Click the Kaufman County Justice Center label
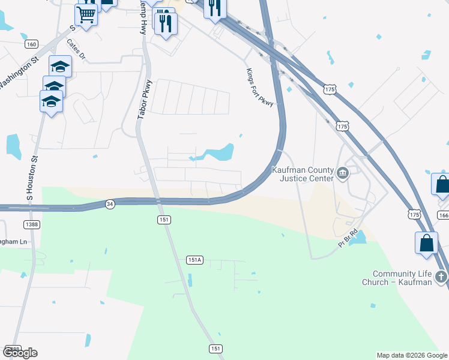click(303, 174)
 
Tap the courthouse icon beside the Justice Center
click(342, 174)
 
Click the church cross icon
click(441, 277)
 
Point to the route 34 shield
click(109, 204)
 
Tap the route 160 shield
click(32, 44)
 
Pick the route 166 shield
click(443, 215)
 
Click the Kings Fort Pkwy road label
click(259, 88)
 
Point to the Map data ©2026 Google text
click(412, 355)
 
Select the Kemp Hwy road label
click(143, 18)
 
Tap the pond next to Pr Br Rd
click(358, 238)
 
